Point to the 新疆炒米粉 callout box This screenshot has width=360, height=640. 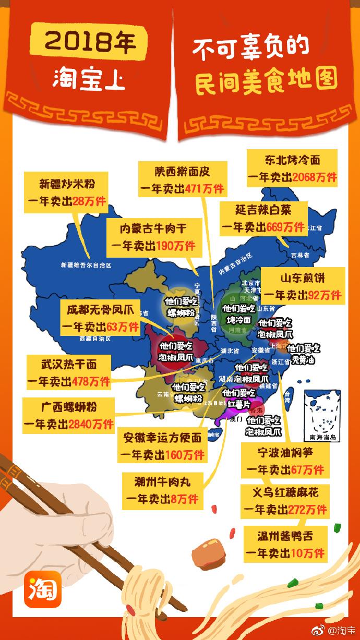[66, 192]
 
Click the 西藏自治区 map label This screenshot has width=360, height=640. [95, 339]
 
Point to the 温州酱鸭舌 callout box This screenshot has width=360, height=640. [285, 544]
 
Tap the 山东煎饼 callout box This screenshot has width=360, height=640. [303, 286]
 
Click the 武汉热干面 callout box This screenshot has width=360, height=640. [69, 372]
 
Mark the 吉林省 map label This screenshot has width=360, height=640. [300, 256]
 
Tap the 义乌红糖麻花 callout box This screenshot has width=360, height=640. [285, 500]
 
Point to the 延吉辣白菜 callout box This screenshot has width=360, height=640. [263, 218]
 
